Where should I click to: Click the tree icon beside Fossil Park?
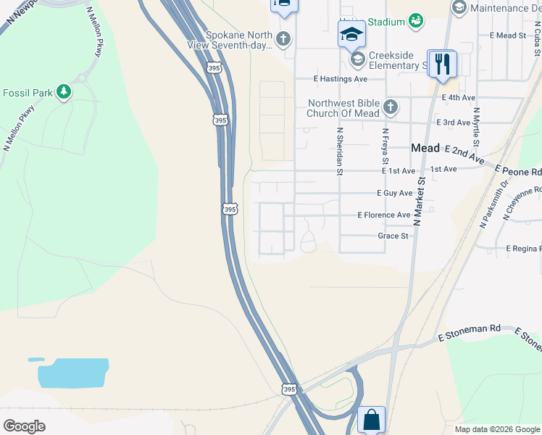point(64,92)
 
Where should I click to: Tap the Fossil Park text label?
point(28,93)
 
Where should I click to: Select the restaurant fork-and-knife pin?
point(441,65)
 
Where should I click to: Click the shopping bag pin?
point(371,420)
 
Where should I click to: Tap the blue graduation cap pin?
point(352,34)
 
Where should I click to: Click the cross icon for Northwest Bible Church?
point(391,108)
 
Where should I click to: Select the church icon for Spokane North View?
point(283,39)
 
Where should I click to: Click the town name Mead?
point(425,148)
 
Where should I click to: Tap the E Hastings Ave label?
point(341,79)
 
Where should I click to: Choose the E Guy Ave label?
point(394,194)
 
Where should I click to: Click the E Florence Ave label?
point(384,215)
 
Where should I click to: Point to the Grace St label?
point(393,236)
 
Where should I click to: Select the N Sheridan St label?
point(338,152)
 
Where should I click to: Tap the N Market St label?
point(418,203)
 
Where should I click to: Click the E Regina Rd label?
point(523,249)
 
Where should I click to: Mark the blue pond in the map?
point(72,372)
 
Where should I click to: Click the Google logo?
point(24,426)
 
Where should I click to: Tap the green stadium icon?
point(416,21)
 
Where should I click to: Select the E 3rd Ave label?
point(452,123)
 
